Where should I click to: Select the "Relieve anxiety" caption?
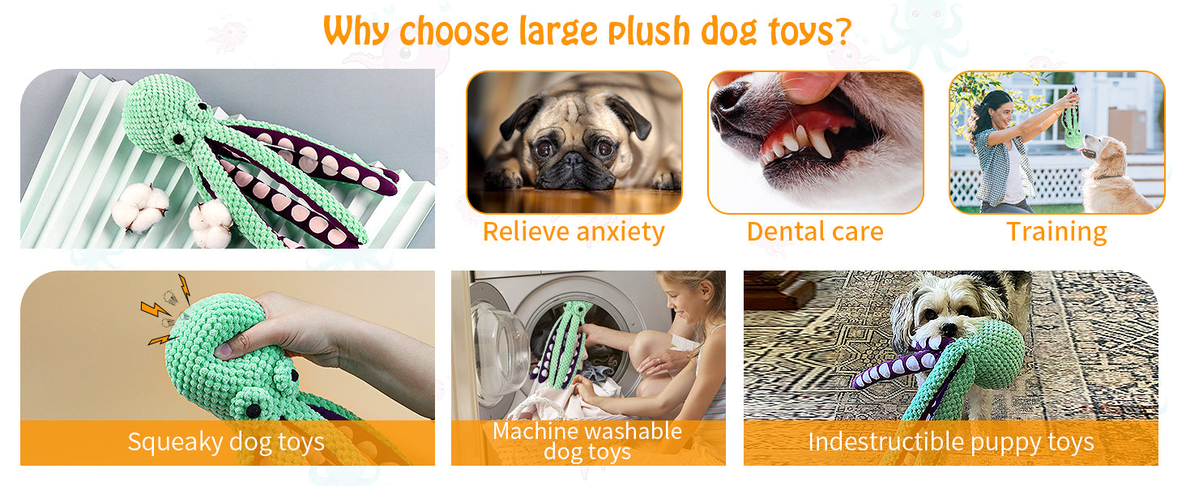pyautogui.click(x=574, y=232)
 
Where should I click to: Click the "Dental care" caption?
pyautogui.click(x=815, y=232)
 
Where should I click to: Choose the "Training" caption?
pyautogui.click(x=1056, y=232)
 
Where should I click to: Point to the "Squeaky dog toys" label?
pyautogui.click(x=226, y=441)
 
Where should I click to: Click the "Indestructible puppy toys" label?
pyautogui.click(x=950, y=441)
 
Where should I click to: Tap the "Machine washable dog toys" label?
pyautogui.click(x=587, y=441)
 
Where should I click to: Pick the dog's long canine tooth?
pyautogui.click(x=820, y=143)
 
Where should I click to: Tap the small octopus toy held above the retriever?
pyautogui.click(x=1073, y=122)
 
